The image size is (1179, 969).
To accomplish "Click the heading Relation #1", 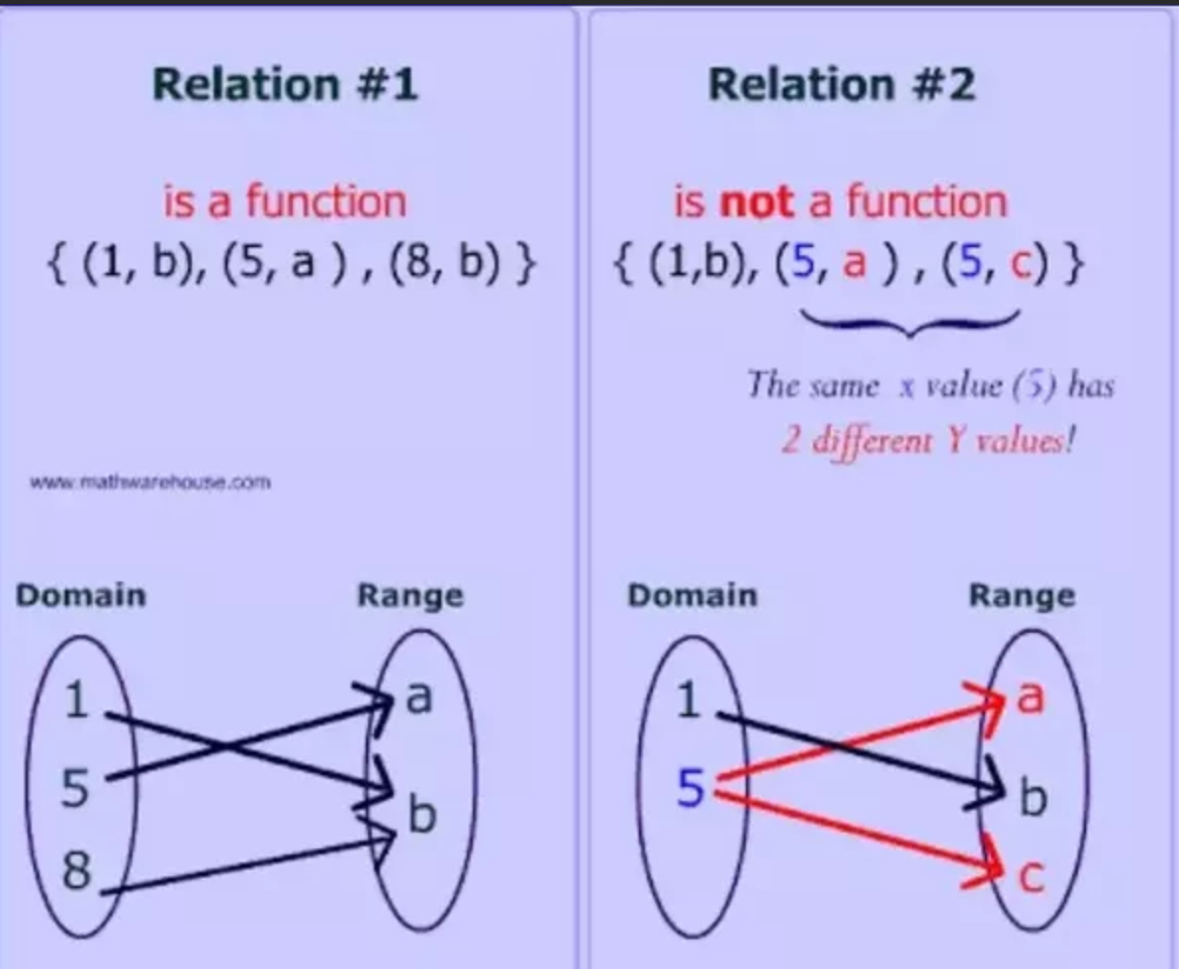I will (x=287, y=84).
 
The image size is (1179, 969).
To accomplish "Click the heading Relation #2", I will (x=842, y=84).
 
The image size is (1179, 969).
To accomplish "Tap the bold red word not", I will (x=757, y=203).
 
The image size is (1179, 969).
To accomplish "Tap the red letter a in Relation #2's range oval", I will (x=1031, y=698).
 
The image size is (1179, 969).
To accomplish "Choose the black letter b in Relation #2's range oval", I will (x=1032, y=799).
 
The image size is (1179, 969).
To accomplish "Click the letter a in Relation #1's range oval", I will (x=419, y=698).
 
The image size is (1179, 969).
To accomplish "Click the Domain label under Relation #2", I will (x=692, y=596).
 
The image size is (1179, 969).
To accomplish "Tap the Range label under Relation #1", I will (x=409, y=596).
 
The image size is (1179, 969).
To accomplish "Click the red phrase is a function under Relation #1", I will (x=285, y=203).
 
